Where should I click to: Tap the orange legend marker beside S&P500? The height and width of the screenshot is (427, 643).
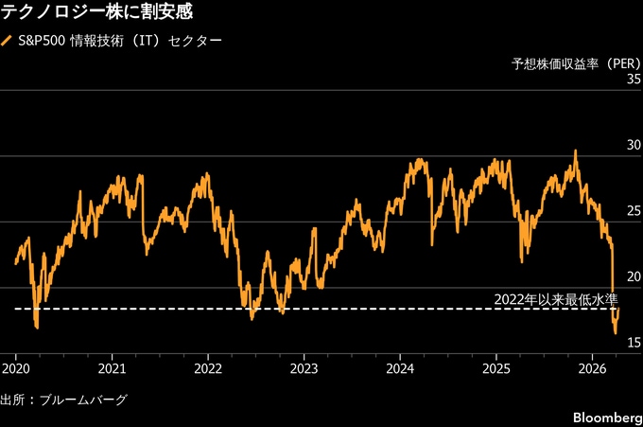coord(8,42)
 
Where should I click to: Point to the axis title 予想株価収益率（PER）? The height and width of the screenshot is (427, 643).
coord(575,64)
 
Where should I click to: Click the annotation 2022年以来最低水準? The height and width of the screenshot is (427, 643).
coord(555,299)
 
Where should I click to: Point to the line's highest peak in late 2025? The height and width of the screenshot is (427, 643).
coord(574,151)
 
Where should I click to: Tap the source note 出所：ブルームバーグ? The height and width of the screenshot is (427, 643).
coord(63,400)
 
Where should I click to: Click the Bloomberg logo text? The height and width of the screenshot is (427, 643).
coord(606,418)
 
